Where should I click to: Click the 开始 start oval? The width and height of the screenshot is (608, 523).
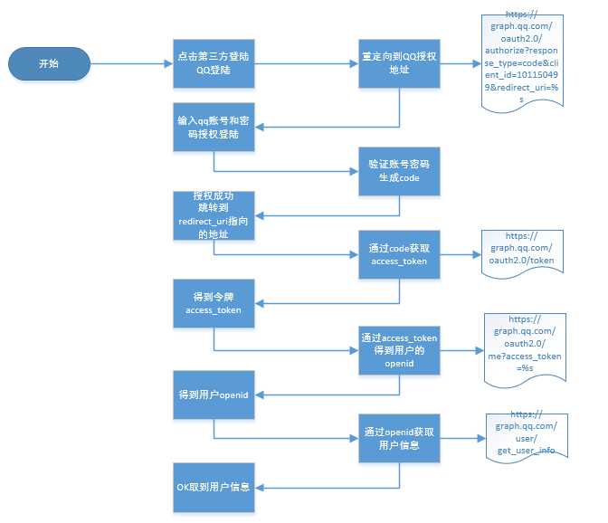click(49, 63)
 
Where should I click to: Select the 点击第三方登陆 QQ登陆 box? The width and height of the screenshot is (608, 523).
click(214, 63)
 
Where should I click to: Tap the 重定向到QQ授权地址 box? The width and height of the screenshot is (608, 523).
click(399, 63)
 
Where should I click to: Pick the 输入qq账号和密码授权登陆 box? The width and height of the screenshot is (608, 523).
click(214, 128)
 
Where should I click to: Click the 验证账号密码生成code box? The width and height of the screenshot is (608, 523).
click(399, 171)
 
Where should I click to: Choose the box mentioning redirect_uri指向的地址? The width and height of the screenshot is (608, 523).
click(214, 215)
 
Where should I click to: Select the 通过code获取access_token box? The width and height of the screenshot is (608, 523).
click(399, 255)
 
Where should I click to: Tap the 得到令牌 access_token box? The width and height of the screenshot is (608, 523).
click(214, 303)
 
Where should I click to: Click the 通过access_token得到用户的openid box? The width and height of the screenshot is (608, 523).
click(399, 350)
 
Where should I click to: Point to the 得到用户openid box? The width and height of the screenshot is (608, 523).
click(214, 395)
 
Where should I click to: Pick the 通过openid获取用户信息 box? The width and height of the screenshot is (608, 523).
click(399, 439)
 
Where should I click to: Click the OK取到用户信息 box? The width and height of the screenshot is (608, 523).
click(214, 488)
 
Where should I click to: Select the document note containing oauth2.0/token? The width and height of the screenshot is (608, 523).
click(522, 254)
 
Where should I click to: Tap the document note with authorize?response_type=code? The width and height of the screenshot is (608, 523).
click(522, 63)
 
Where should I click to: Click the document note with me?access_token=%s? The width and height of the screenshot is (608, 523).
click(525, 350)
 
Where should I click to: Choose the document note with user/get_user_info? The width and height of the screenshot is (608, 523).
click(527, 438)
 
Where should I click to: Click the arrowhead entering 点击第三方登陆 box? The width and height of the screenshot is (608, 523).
click(168, 63)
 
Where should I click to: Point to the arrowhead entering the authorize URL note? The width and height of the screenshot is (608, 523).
click(477, 63)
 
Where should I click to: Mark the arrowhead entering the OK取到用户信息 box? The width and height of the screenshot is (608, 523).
click(260, 488)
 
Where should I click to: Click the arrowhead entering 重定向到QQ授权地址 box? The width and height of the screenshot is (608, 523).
click(354, 63)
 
